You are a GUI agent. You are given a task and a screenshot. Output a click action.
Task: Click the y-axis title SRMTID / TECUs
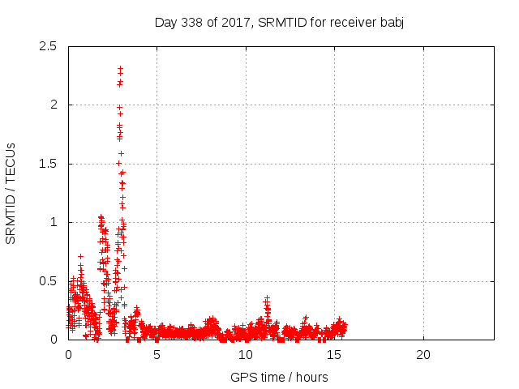pos(11,193)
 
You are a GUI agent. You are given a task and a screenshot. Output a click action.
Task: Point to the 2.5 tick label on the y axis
pos(48,46)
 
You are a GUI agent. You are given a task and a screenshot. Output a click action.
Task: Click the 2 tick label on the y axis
pos(54,105)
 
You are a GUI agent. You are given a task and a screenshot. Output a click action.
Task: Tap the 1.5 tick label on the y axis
pos(48,164)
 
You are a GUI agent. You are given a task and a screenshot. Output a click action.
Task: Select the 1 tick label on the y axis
pos(54,222)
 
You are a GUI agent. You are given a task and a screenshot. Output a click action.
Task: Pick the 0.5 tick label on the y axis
pos(48,281)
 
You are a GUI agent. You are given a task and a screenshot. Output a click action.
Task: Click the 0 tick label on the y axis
pos(54,340)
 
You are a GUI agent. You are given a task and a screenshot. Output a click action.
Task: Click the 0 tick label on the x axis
pos(68,355)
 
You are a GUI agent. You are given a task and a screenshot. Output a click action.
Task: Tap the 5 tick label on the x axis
pos(157,355)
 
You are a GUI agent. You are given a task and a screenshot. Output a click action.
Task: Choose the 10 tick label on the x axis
pos(246,355)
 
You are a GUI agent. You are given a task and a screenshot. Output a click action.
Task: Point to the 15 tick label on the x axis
pos(335,355)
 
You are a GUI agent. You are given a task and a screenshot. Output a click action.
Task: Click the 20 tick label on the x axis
pos(423,355)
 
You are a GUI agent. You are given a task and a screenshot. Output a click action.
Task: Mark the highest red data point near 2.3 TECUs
pos(120,69)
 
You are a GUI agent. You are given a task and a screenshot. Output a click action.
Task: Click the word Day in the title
pos(165,22)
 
